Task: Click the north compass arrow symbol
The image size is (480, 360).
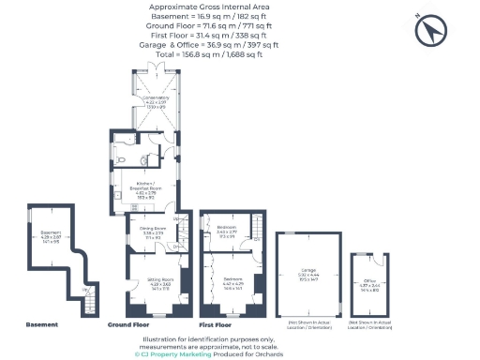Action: point(432,32)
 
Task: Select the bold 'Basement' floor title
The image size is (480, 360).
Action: point(41,324)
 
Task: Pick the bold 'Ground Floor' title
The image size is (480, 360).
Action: point(130,324)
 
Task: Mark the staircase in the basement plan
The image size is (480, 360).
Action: point(89,303)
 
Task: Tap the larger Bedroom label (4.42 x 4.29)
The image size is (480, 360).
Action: point(232,281)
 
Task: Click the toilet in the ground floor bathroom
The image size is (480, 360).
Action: point(125,160)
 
